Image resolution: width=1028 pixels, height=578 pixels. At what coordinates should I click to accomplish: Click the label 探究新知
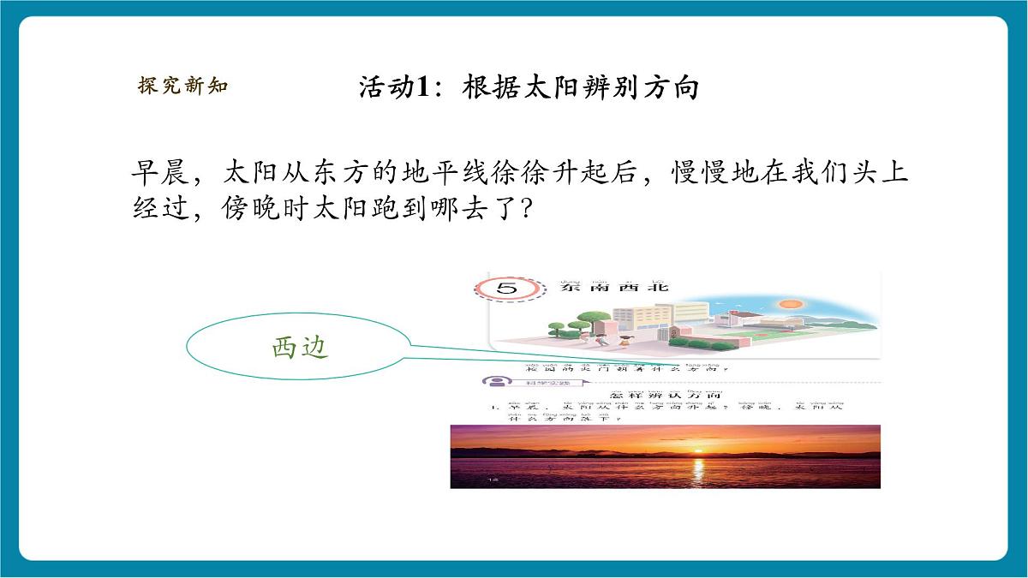[x=182, y=86]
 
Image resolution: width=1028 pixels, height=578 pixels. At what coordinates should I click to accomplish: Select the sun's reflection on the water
[x=697, y=471]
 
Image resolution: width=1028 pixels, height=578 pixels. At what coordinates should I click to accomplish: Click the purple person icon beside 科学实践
[x=494, y=381]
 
